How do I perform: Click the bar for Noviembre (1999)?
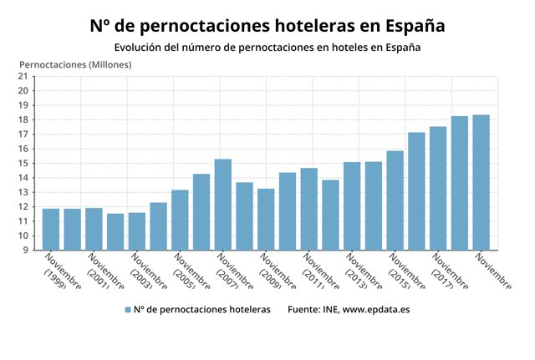pyautogui.click(x=51, y=230)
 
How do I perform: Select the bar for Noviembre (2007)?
pyautogui.click(x=223, y=205)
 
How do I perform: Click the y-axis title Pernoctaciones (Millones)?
pyautogui.click(x=74, y=63)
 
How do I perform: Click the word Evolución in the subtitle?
pyautogui.click(x=143, y=47)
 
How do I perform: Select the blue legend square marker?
pyautogui.click(x=128, y=310)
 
